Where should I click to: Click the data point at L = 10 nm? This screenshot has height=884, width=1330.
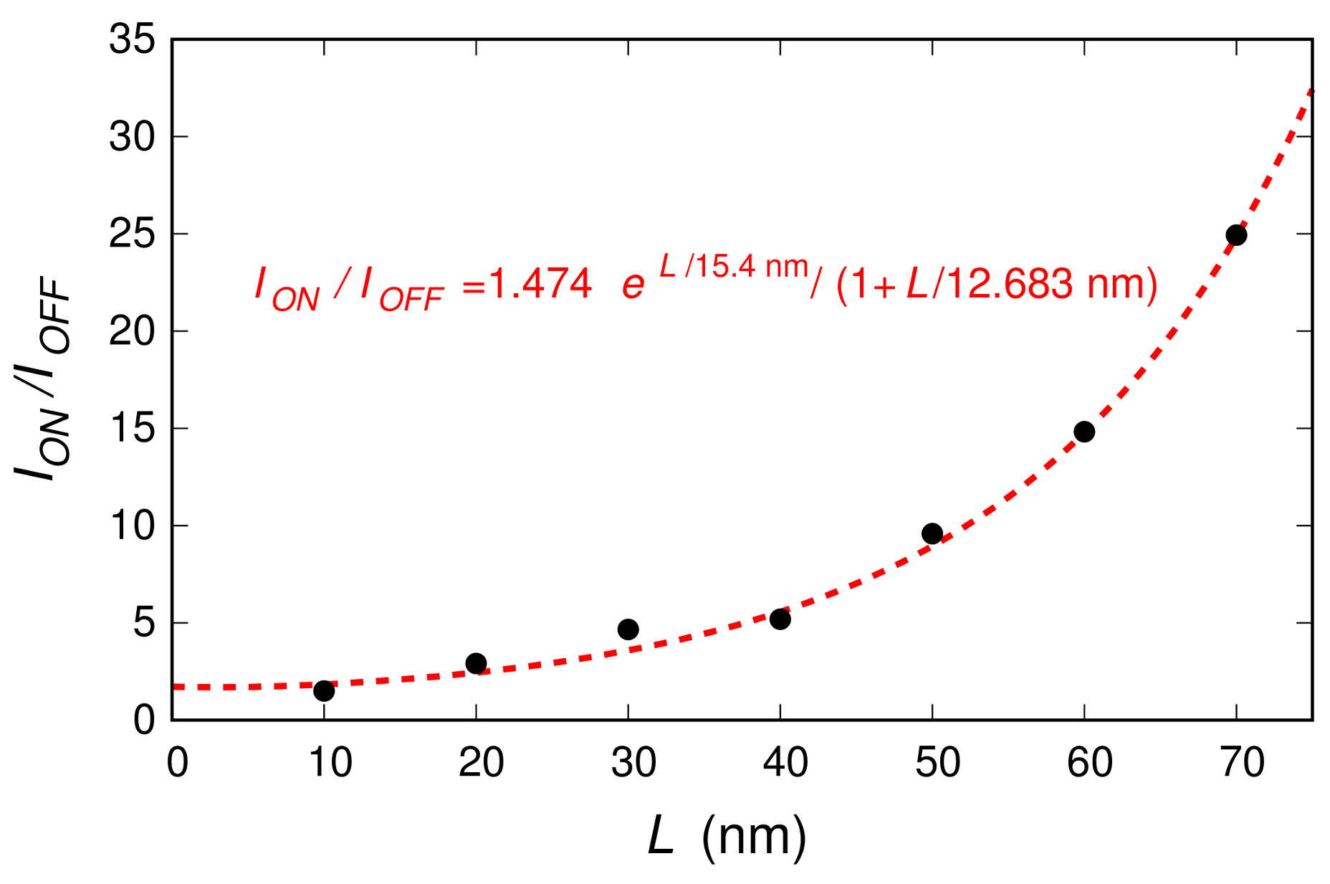[324, 690]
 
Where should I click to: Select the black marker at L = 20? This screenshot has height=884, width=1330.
[476, 663]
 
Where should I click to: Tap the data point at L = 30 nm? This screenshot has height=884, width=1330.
[628, 629]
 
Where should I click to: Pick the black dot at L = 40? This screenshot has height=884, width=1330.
[780, 619]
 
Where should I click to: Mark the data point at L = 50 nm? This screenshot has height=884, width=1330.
[932, 533]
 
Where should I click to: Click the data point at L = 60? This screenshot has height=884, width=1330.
[1083, 432]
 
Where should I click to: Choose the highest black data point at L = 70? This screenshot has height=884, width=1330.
[1235, 235]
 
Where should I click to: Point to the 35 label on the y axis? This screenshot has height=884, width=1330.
[132, 39]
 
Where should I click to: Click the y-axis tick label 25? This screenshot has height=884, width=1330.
[132, 234]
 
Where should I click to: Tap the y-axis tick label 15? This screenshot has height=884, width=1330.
[132, 429]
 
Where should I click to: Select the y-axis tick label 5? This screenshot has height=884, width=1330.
[143, 623]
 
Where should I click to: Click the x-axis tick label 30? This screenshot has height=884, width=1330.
[633, 762]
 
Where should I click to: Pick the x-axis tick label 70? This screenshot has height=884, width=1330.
[1242, 762]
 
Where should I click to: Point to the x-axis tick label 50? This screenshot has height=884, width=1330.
[937, 762]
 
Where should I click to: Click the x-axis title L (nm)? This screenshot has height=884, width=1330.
[727, 836]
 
